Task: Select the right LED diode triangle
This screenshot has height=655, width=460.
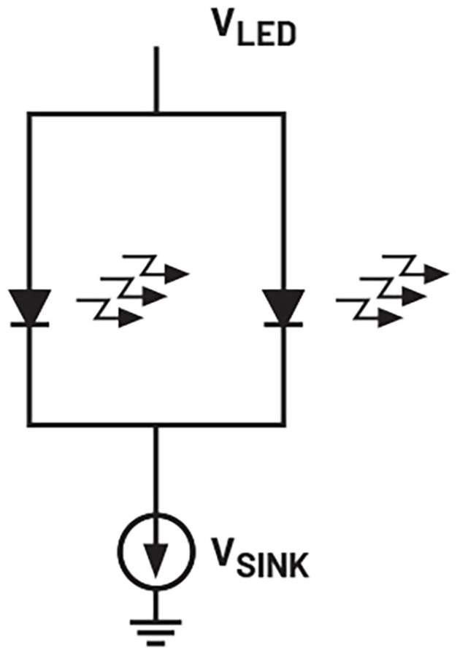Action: [283, 306]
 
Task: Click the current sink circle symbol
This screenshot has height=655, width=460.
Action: [156, 548]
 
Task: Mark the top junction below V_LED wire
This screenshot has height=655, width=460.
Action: [156, 114]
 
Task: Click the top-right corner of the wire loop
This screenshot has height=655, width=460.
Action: [283, 114]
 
